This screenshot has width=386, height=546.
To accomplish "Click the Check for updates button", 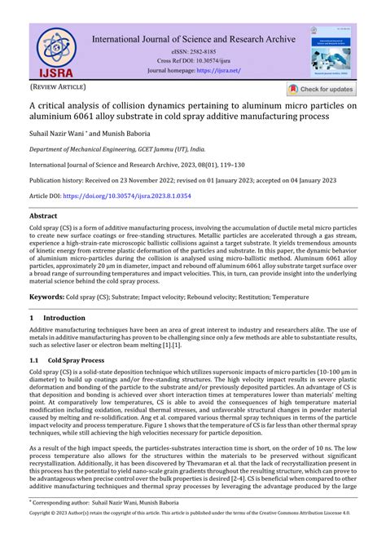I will (x=320, y=89).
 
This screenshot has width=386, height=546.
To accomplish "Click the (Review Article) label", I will (x=57, y=86).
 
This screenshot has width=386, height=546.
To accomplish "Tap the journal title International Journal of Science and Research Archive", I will (x=194, y=37).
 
